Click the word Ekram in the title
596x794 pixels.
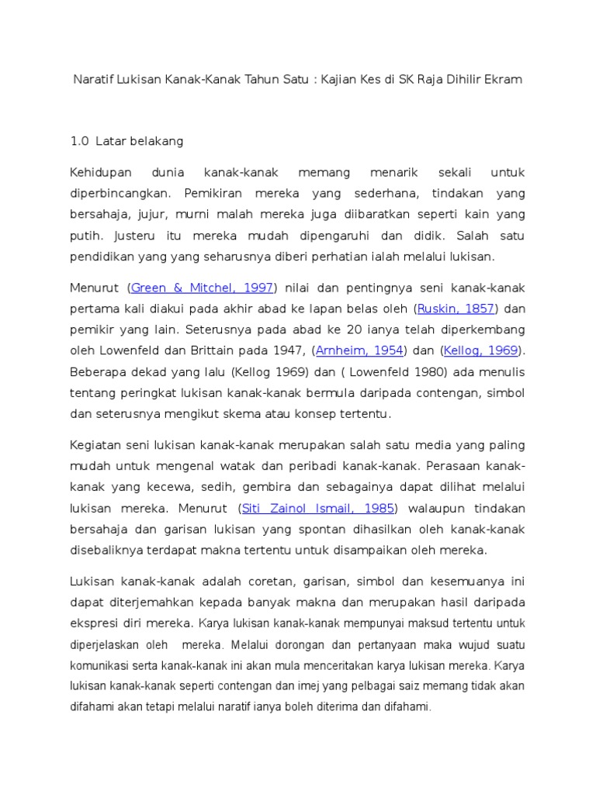(x=504, y=80)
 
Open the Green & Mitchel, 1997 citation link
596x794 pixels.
(x=203, y=288)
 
